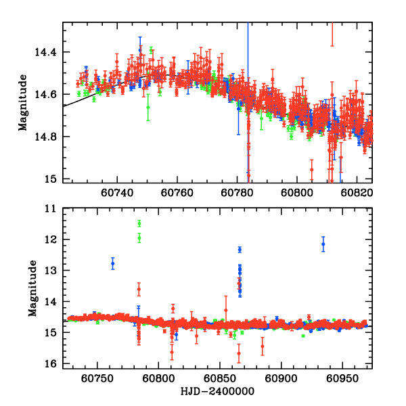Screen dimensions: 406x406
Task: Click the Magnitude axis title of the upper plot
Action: (x=23, y=102)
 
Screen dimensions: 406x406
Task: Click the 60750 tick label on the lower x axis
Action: (x=98, y=379)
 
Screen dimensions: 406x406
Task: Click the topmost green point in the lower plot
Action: (x=139, y=223)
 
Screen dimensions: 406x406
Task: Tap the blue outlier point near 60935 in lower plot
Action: (x=323, y=244)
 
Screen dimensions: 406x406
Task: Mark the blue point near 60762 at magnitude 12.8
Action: (x=113, y=263)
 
